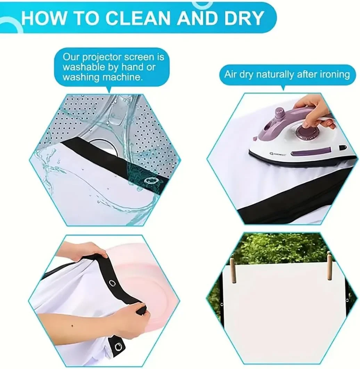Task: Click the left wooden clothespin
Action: point(233,270)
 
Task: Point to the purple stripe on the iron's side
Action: point(311,152)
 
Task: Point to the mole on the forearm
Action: point(72,326)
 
